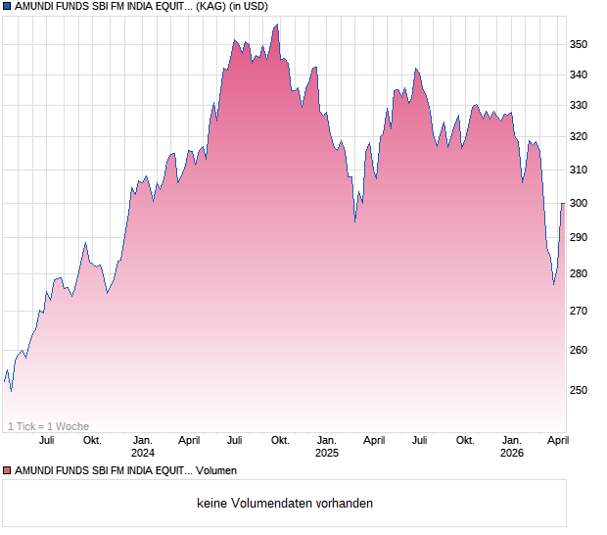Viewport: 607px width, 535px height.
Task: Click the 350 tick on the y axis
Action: coord(579,44)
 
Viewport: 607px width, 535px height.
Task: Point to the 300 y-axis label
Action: coord(579,203)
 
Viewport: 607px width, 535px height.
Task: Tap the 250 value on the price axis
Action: coord(579,390)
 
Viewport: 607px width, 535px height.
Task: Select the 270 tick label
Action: coord(579,311)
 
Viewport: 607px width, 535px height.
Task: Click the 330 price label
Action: coord(579,105)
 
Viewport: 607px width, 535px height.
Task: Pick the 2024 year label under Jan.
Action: coord(143,453)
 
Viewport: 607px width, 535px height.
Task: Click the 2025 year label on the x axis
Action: coord(327,453)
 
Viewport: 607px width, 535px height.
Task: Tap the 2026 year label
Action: coord(511,453)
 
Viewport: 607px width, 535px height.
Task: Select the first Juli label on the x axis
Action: coord(49,440)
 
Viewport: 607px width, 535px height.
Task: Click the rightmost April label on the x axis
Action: coord(557,440)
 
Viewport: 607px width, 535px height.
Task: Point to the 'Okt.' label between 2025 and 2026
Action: coord(465,440)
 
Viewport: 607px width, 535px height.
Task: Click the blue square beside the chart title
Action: coord(7,6)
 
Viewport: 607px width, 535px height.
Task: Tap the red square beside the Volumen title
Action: coord(7,470)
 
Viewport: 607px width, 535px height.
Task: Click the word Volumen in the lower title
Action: coord(216,470)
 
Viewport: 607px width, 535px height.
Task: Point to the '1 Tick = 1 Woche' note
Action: coord(48,426)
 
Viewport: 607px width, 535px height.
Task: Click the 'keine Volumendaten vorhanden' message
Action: coord(285,503)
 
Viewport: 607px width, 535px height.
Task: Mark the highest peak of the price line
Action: coord(277,24)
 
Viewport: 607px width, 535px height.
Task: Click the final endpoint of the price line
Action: coord(563,203)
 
